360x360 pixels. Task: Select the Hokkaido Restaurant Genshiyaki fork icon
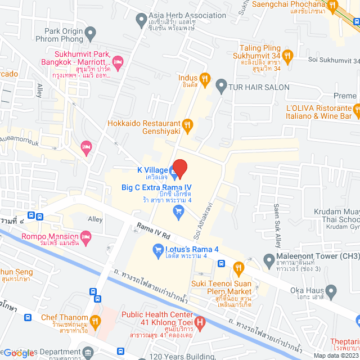[x=188, y=124]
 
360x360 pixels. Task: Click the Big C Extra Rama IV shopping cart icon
[x=179, y=211]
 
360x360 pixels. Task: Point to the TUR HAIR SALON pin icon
[x=221, y=87]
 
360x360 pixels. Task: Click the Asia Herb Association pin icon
[x=141, y=21]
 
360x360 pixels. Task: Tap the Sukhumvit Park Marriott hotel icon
[x=118, y=61]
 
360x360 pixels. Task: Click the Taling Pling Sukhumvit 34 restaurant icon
[x=287, y=55]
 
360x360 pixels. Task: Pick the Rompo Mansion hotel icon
[x=85, y=235]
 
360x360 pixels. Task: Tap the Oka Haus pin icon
[x=332, y=291]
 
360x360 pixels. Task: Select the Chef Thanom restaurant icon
[x=95, y=321]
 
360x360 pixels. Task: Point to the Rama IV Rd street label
[x=152, y=231]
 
